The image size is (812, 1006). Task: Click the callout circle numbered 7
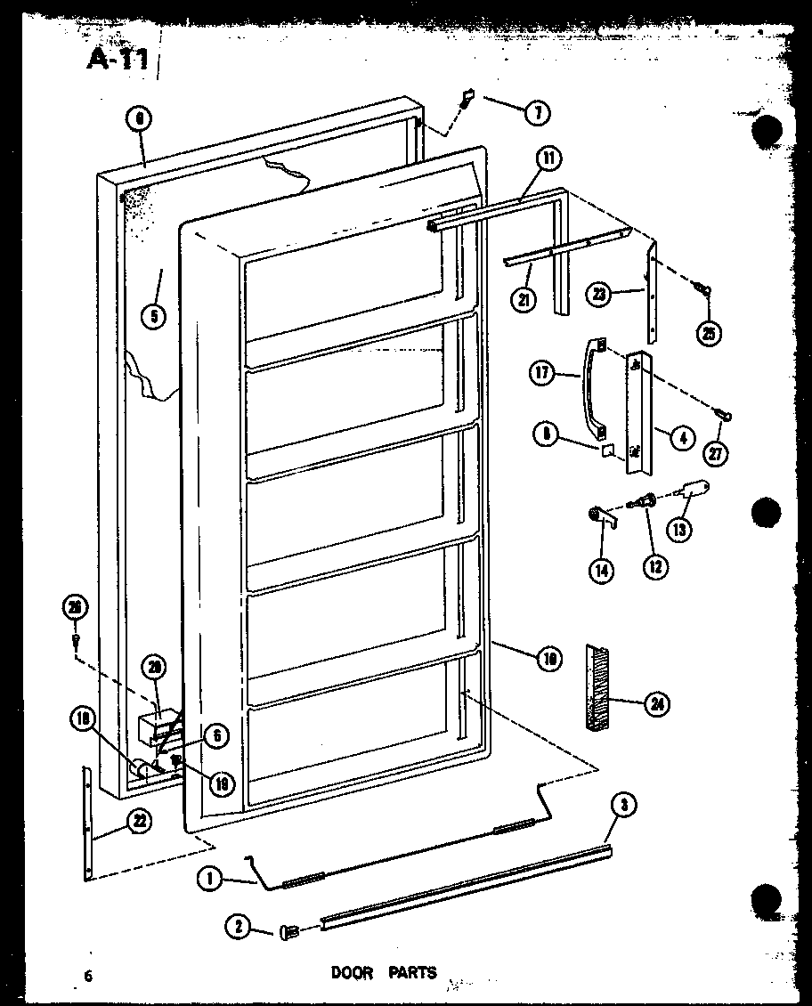pyautogui.click(x=537, y=113)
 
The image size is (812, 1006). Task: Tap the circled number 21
pyautogui.click(x=524, y=299)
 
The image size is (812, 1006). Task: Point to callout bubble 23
pyautogui.click(x=599, y=294)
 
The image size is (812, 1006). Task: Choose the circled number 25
pyautogui.click(x=710, y=333)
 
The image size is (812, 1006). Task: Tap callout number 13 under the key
pyautogui.click(x=680, y=529)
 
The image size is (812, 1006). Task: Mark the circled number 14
pyautogui.click(x=601, y=571)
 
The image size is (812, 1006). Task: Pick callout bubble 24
pyautogui.click(x=657, y=704)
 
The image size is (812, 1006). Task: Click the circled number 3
pyautogui.click(x=624, y=806)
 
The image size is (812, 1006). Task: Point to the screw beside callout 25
pyautogui.click(x=702, y=289)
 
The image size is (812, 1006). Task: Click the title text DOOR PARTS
pyautogui.click(x=384, y=972)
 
